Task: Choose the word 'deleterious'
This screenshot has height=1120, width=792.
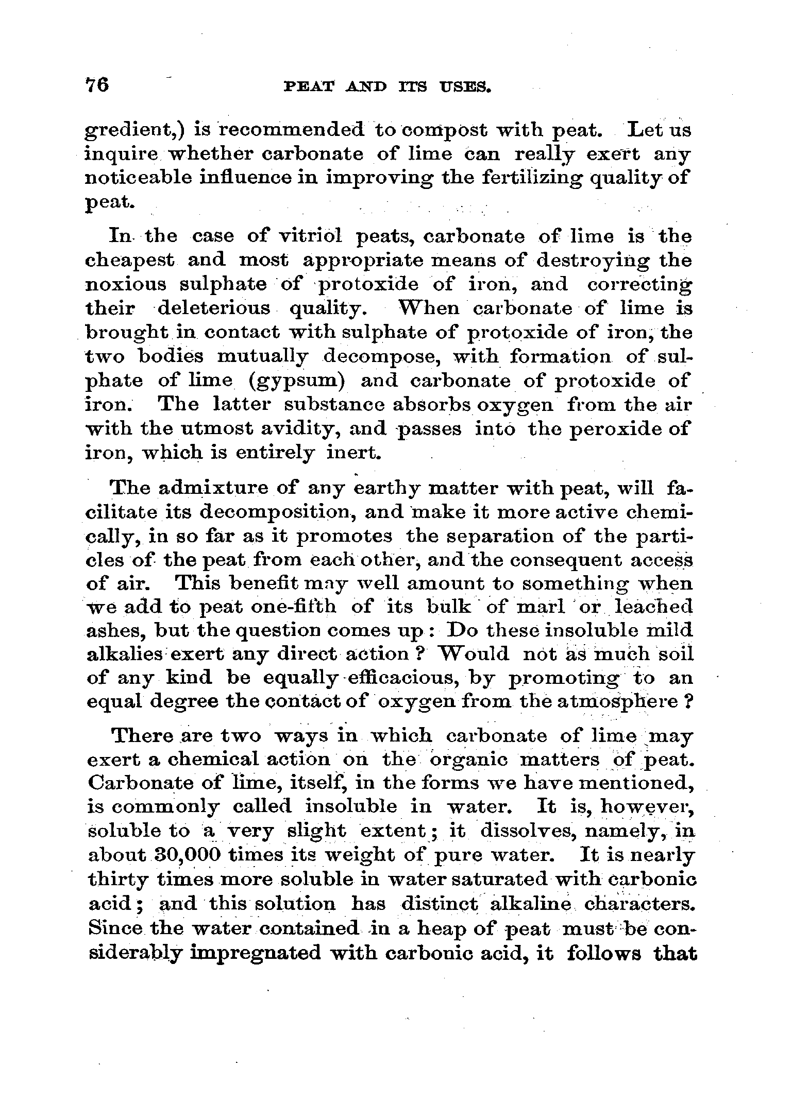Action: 213,308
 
